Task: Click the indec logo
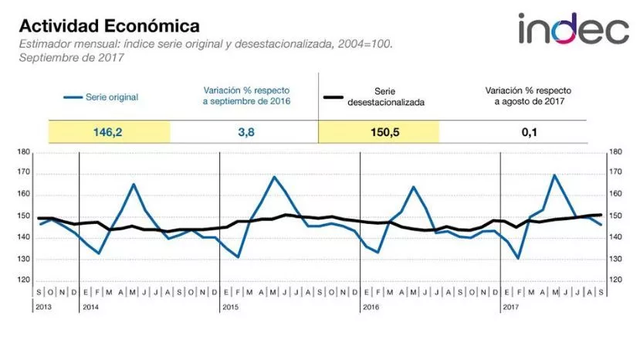[573, 29]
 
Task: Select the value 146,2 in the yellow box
[108, 132]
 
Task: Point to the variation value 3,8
[243, 132]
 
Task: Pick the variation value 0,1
[529, 132]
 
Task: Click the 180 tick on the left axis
[23, 152]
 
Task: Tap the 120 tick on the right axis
[615, 280]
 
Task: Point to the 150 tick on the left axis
[23, 216]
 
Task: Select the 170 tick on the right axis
[615, 174]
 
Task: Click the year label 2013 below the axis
[45, 307]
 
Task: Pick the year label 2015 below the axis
[229, 307]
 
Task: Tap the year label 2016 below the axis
[371, 307]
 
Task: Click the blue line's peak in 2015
[274, 177]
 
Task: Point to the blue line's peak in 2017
[554, 175]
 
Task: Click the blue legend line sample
[73, 98]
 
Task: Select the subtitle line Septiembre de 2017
[63, 57]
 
